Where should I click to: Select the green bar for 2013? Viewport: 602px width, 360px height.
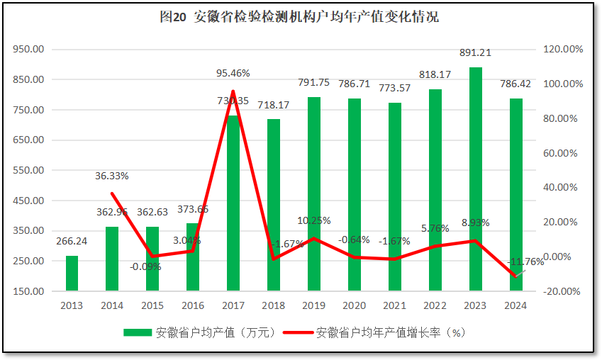(72, 273)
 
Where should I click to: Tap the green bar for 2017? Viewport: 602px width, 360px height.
(233, 206)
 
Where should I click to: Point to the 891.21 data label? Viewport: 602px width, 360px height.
(475, 52)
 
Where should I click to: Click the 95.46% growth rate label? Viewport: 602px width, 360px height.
(233, 73)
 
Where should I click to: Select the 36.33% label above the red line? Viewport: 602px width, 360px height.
(112, 176)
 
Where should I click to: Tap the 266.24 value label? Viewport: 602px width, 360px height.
(72, 242)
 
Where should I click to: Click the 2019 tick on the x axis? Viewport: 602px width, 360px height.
(313, 305)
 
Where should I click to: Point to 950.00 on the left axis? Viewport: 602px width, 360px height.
(29, 50)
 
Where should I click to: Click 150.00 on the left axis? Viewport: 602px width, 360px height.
(29, 291)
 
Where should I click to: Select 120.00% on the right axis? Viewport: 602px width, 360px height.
(564, 50)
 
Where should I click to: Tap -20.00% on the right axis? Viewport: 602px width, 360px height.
(564, 291)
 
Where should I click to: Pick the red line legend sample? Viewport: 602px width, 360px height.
(297, 332)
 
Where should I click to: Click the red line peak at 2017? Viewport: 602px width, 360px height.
(233, 91)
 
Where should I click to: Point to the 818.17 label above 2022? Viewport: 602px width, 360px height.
(435, 74)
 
